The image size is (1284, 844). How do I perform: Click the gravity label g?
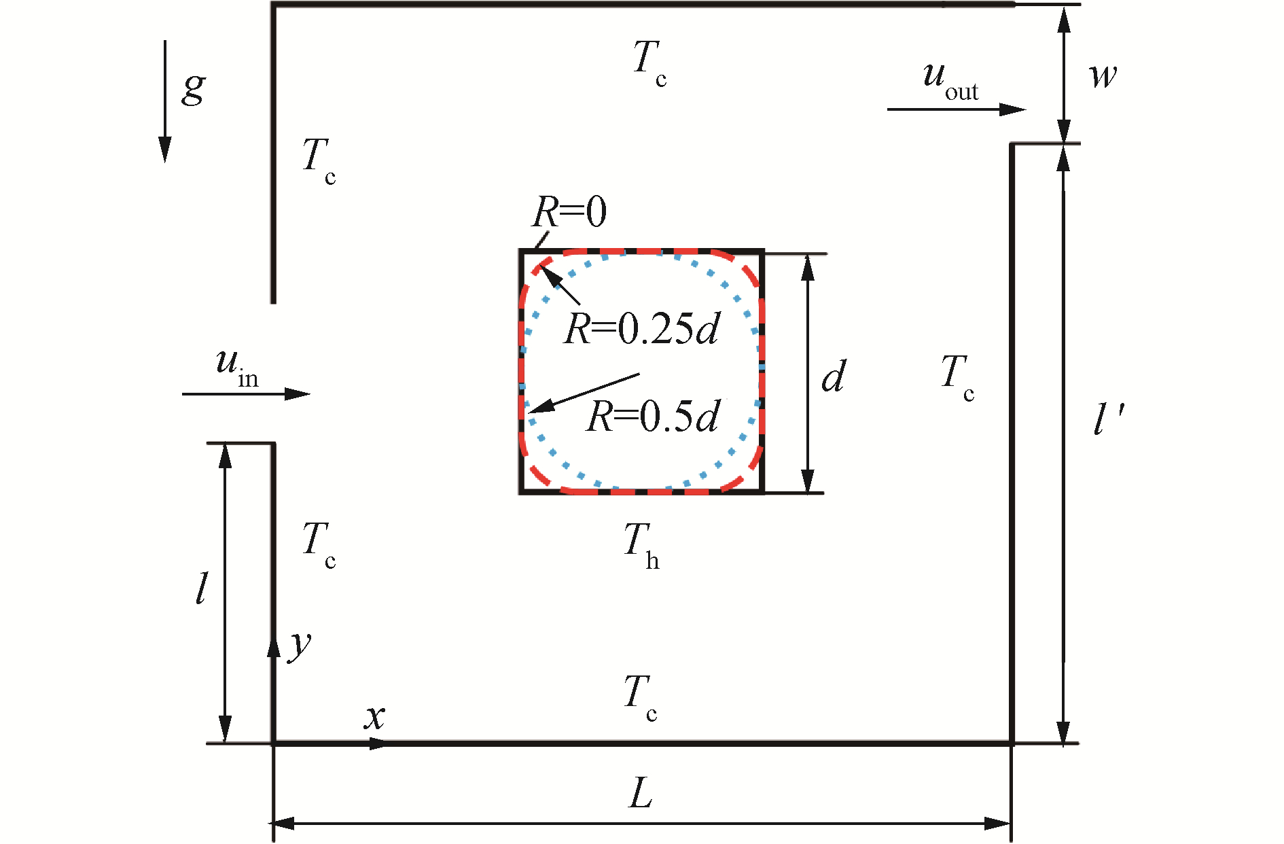coord(194,88)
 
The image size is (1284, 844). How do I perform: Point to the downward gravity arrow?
coord(165,102)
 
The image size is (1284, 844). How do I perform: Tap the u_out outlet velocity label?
coord(950,80)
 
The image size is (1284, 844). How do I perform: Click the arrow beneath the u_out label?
coord(956,109)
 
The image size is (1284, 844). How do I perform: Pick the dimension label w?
coord(1103,75)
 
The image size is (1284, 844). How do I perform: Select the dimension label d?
coord(834,376)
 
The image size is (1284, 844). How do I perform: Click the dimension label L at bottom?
coord(641,793)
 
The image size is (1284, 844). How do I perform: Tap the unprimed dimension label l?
coord(201,588)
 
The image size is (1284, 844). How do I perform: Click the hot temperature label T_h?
coord(641,544)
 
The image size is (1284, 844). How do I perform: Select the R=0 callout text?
coord(569,212)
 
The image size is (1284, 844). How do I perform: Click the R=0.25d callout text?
coord(641,329)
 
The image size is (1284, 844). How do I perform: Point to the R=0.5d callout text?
coord(652,417)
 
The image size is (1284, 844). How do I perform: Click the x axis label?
coord(374,717)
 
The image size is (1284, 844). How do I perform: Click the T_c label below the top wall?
coord(649,63)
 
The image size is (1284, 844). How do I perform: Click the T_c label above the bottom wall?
coord(641,697)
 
